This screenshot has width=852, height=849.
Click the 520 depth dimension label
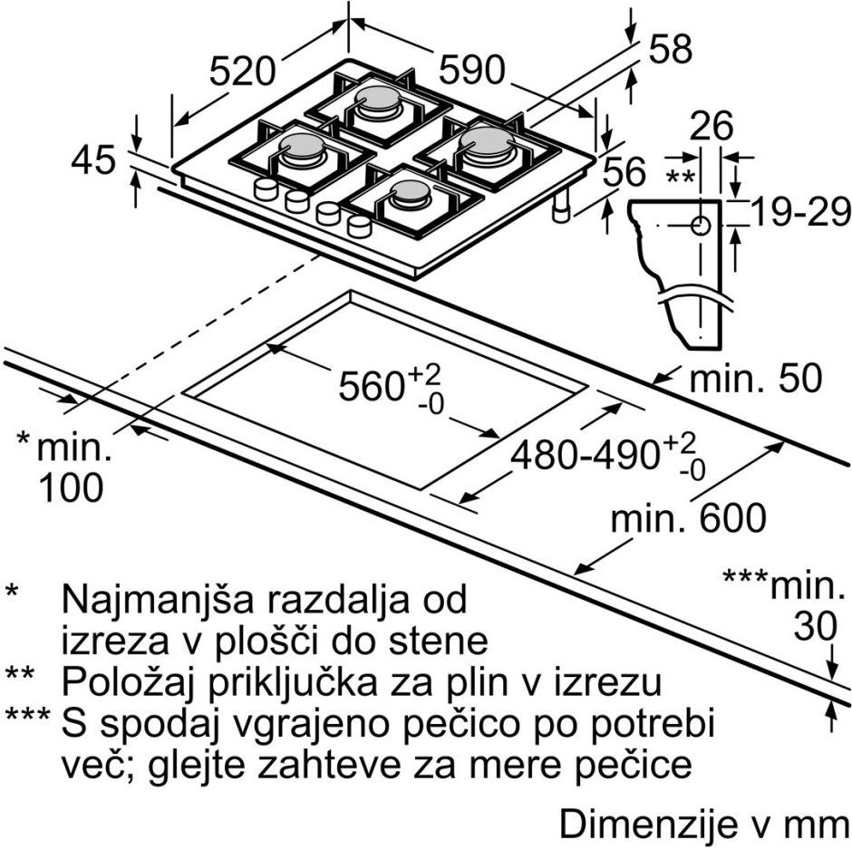tap(243, 72)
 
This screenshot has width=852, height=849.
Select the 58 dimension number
tap(671, 49)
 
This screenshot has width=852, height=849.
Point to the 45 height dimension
tap(93, 159)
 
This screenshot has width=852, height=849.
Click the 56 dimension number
tap(624, 171)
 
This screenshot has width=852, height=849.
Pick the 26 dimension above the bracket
tap(712, 126)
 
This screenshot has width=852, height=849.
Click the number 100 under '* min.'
tap(72, 487)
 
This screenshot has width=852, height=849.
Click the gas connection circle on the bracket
tap(701, 225)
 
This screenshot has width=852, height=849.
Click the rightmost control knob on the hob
tap(359, 226)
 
